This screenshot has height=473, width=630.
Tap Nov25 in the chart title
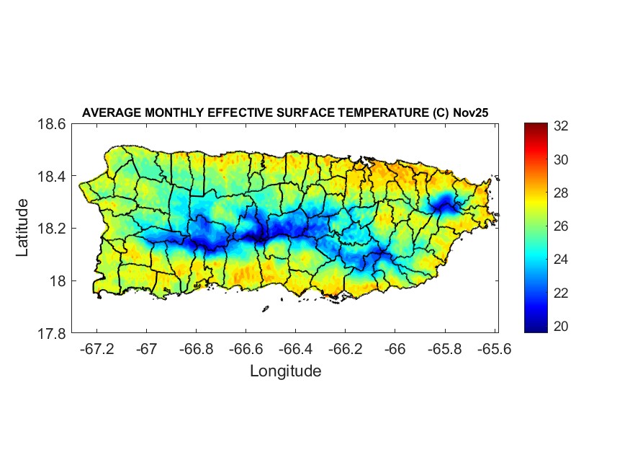coord(471,112)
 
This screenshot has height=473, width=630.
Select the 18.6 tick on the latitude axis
coord(52,125)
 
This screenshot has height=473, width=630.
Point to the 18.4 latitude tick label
coord(52,177)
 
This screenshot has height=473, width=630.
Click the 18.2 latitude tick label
coord(52,229)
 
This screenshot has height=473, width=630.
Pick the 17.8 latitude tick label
coord(52,334)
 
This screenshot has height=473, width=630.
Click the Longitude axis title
coord(285,371)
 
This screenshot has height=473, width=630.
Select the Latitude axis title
coord(22,228)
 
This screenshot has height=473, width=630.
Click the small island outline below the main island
coord(265,309)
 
